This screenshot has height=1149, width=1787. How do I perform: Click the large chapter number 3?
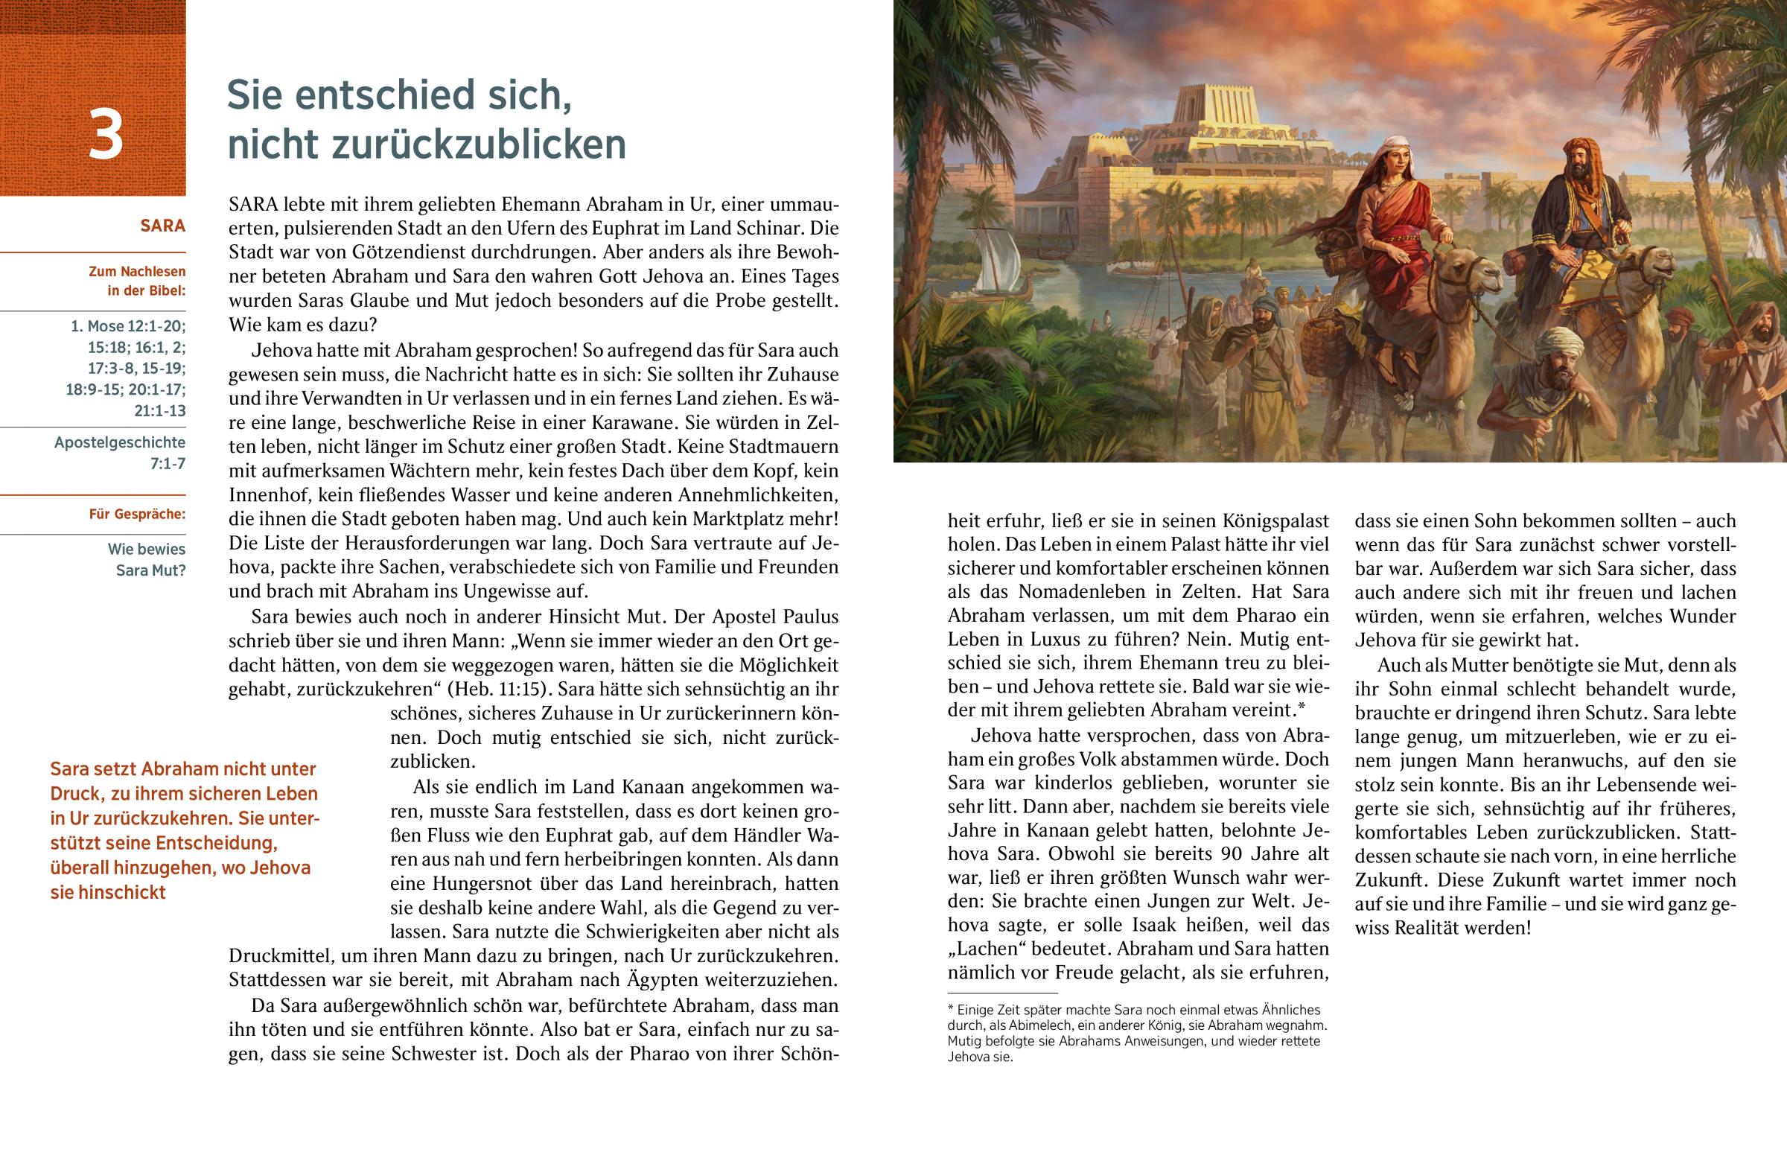click(x=106, y=136)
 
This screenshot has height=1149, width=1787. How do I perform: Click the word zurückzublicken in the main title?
click(x=427, y=144)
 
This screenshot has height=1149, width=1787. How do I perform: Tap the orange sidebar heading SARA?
click(x=162, y=226)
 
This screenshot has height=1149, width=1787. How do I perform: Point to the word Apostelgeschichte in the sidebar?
click(x=119, y=442)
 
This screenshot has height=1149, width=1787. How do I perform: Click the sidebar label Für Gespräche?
click(x=137, y=514)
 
